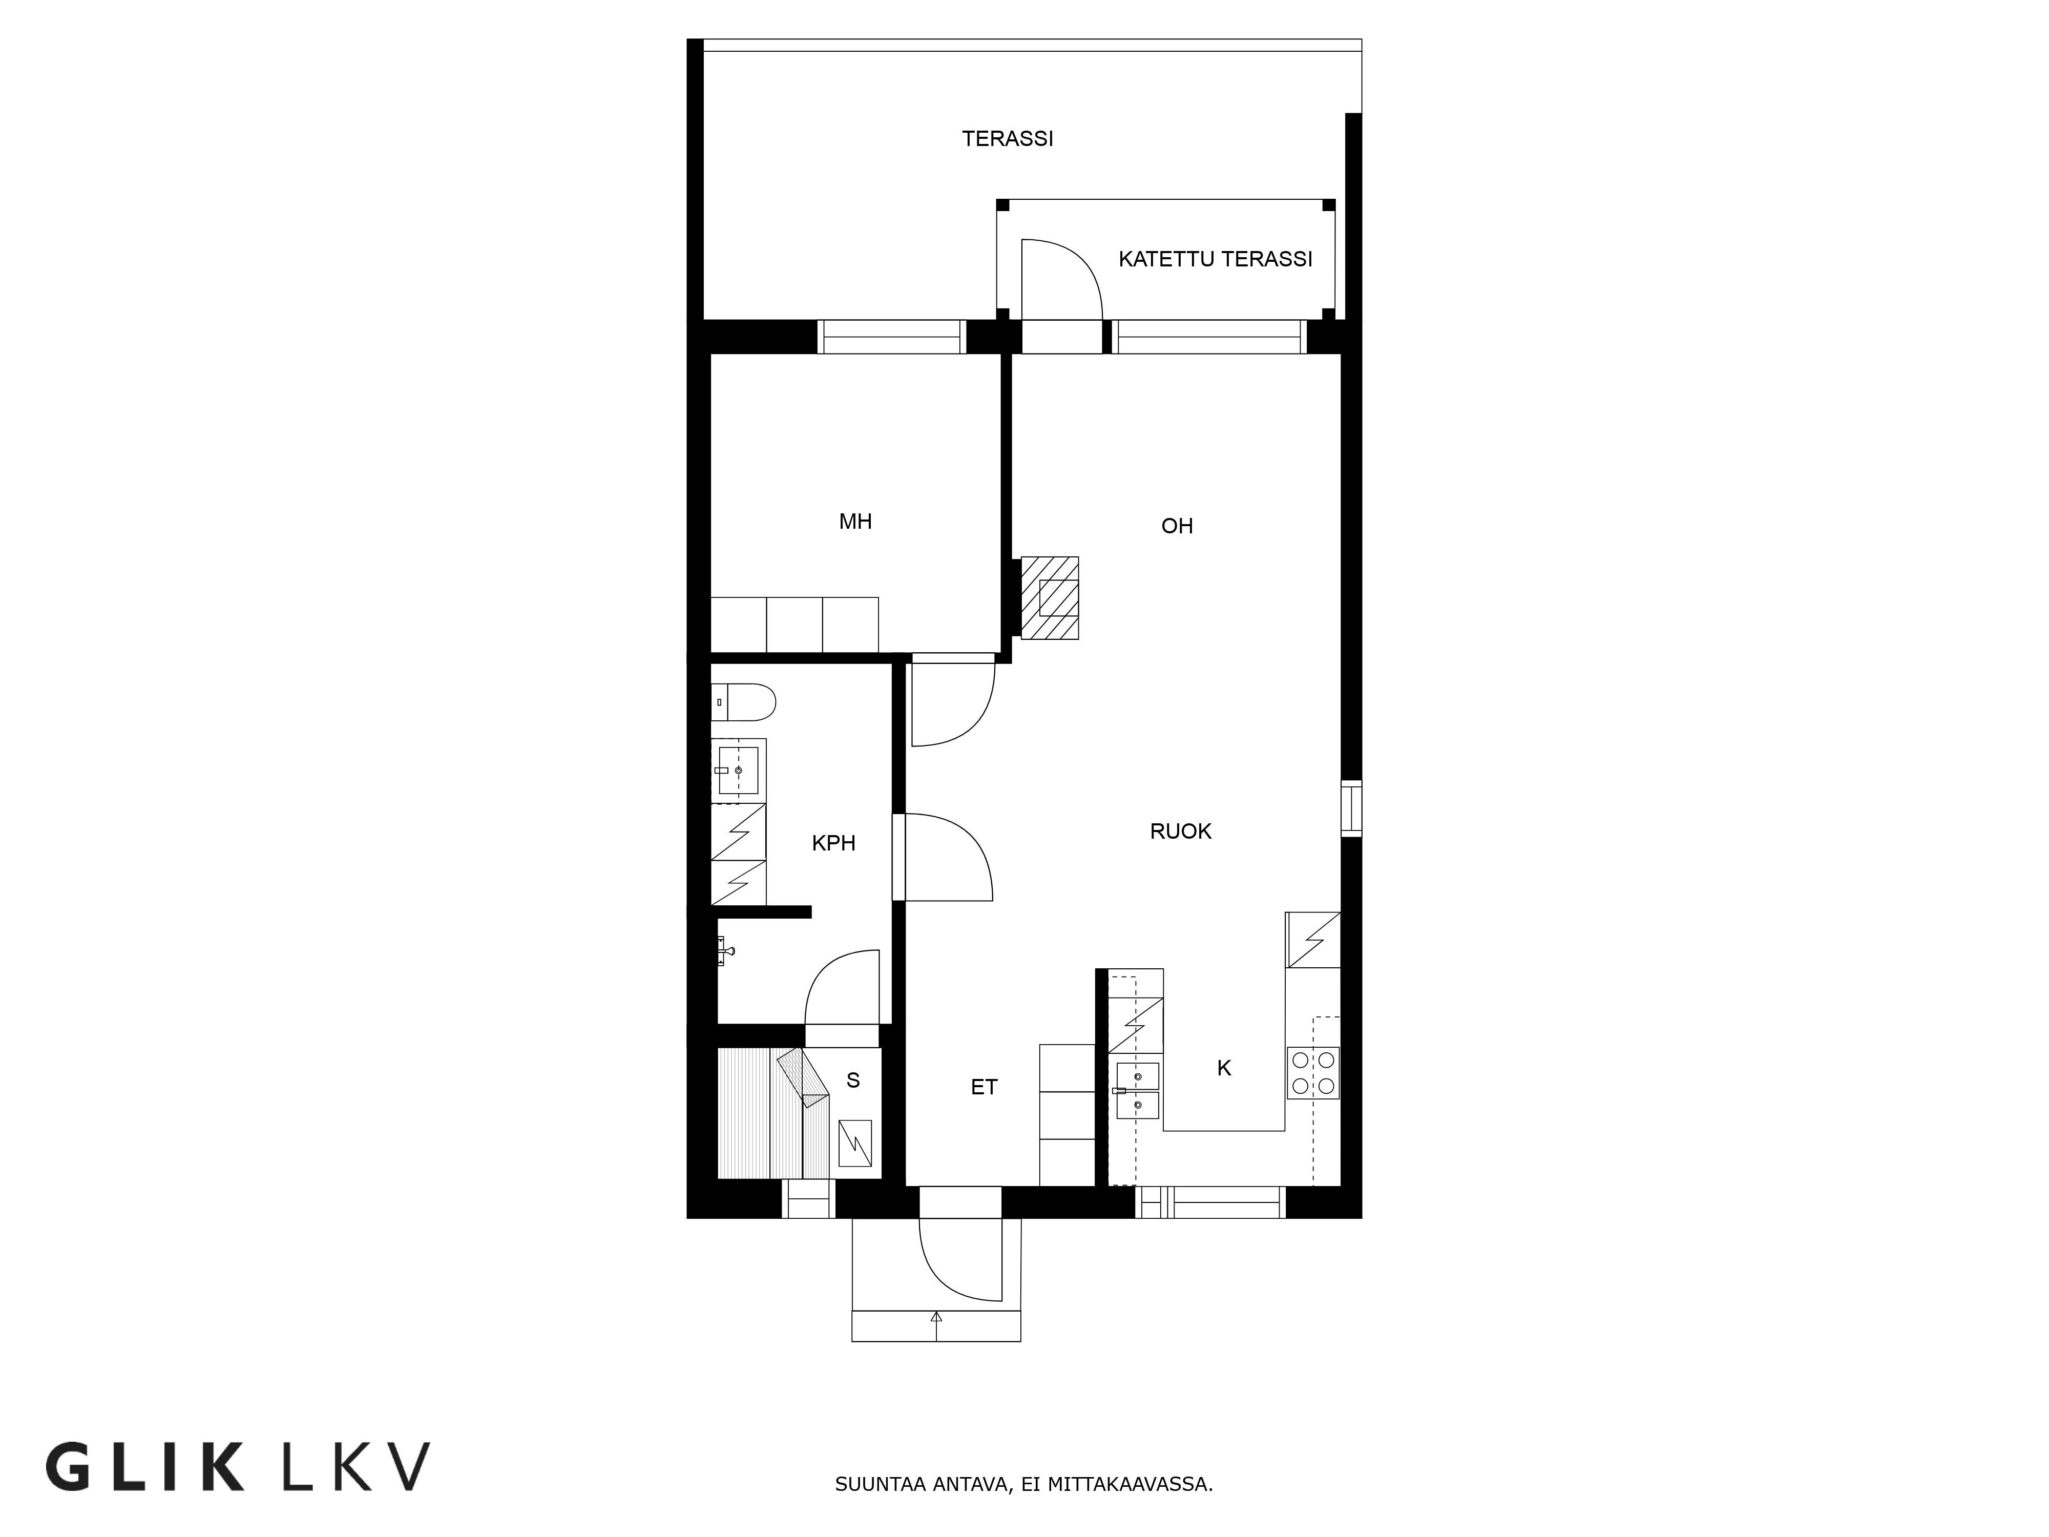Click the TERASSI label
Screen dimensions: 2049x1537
coord(1008,139)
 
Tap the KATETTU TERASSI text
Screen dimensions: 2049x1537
coord(1216,259)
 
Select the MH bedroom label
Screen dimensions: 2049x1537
coord(855,522)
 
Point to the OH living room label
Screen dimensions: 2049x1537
coord(1177,526)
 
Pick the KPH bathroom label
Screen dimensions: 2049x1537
coord(833,843)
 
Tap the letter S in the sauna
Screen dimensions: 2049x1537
coord(853,1080)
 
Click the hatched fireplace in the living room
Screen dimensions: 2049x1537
coord(1050,597)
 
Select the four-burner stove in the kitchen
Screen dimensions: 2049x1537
coord(1312,1073)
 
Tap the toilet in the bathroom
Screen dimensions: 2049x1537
coord(743,702)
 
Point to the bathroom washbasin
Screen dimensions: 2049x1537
coord(738,770)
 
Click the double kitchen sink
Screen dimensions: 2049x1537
coord(1137,1090)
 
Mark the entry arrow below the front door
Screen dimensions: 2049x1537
coord(936,1326)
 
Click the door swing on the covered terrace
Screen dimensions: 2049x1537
coord(1061,277)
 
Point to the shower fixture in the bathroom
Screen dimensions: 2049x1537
coord(725,950)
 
